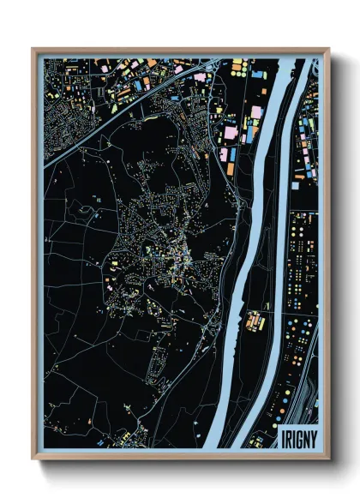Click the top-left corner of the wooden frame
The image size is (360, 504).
(x=33, y=50)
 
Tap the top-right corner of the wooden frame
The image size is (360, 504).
(x=328, y=50)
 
